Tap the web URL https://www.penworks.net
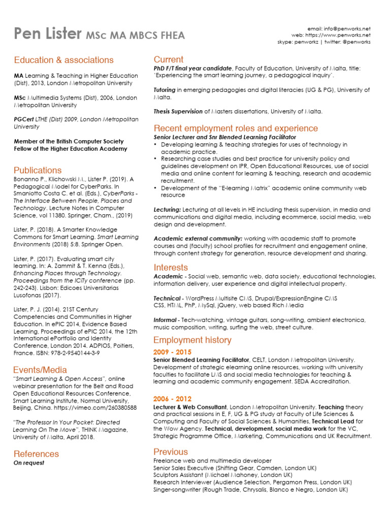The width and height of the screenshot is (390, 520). click(x=345, y=36)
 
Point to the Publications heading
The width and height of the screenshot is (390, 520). click(x=38, y=170)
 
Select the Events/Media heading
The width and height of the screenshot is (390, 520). click(x=40, y=370)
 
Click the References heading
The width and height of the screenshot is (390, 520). click(x=36, y=453)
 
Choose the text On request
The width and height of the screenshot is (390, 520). click(x=29, y=463)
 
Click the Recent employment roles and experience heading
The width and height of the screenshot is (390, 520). click(x=236, y=128)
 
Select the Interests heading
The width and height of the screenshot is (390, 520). click(x=171, y=267)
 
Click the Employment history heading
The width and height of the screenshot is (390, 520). click(x=192, y=340)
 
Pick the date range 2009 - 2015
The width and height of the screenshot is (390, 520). click(x=172, y=352)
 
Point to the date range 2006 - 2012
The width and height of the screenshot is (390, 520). click(x=172, y=399)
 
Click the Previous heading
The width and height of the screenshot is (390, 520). click(x=171, y=451)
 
